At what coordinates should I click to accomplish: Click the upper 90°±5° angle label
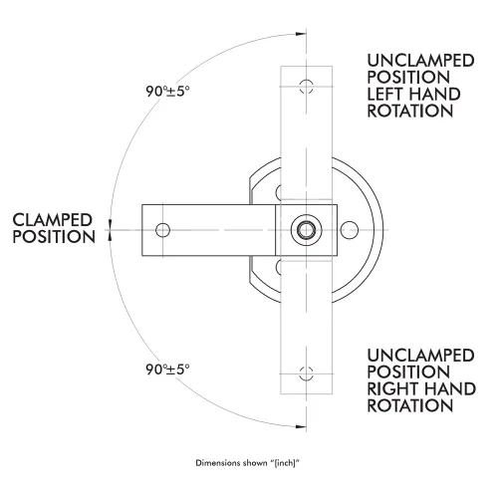167,92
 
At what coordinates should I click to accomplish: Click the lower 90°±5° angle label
167,370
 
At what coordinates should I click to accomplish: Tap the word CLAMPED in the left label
52,220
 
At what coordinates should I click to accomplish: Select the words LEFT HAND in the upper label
413,95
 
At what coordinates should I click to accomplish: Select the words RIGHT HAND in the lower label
421,389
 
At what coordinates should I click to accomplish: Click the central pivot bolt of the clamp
306,230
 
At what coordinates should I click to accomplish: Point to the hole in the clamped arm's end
162,230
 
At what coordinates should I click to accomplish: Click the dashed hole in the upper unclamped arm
306,87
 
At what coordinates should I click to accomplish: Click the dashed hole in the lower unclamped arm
306,373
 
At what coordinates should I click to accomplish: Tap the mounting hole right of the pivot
350,230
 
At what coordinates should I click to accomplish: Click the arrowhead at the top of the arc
301,34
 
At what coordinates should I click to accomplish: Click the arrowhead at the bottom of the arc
301,426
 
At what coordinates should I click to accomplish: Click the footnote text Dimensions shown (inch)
248,463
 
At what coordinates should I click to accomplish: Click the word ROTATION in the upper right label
410,111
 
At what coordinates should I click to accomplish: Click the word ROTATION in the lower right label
410,405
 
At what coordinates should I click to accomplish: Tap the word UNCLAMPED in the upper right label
420,61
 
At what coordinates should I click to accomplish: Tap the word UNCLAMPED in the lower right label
420,356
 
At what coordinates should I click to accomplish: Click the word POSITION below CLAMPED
54,237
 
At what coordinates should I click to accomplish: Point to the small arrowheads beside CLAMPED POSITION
110,230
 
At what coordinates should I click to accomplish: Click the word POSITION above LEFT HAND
408,78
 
